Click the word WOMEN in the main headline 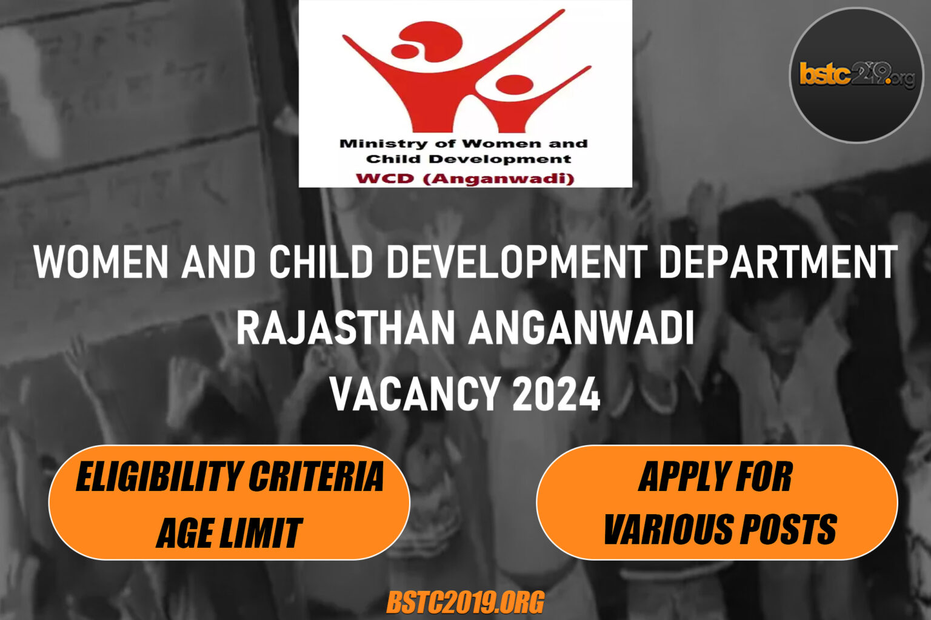coord(101,262)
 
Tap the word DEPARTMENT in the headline coord(778,262)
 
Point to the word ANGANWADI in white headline coord(582,328)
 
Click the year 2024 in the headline coord(556,394)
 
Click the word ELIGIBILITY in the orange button coord(158,477)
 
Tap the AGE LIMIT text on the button coord(229,533)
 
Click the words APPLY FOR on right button coord(715,477)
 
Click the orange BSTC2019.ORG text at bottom coord(465,603)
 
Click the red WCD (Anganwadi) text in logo coord(465,179)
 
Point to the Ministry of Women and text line coord(464,144)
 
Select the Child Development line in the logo coord(468,159)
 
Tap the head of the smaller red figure coord(513,84)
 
